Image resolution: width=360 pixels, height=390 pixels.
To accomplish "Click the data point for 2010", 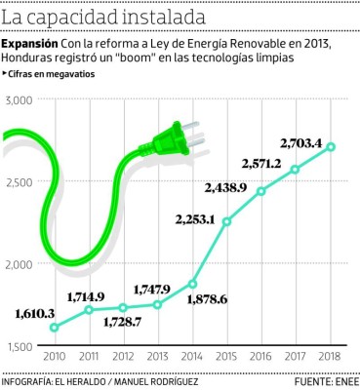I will pos(54,328).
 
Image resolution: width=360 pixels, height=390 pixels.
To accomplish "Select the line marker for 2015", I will pos(226,221).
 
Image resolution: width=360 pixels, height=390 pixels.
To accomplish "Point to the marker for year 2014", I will pos(192,284).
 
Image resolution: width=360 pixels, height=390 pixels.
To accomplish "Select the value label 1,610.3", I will pos(38,312).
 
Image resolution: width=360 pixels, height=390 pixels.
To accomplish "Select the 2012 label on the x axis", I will pos(123,357).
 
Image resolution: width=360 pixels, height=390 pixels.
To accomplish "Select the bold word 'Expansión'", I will pos(29,45).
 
